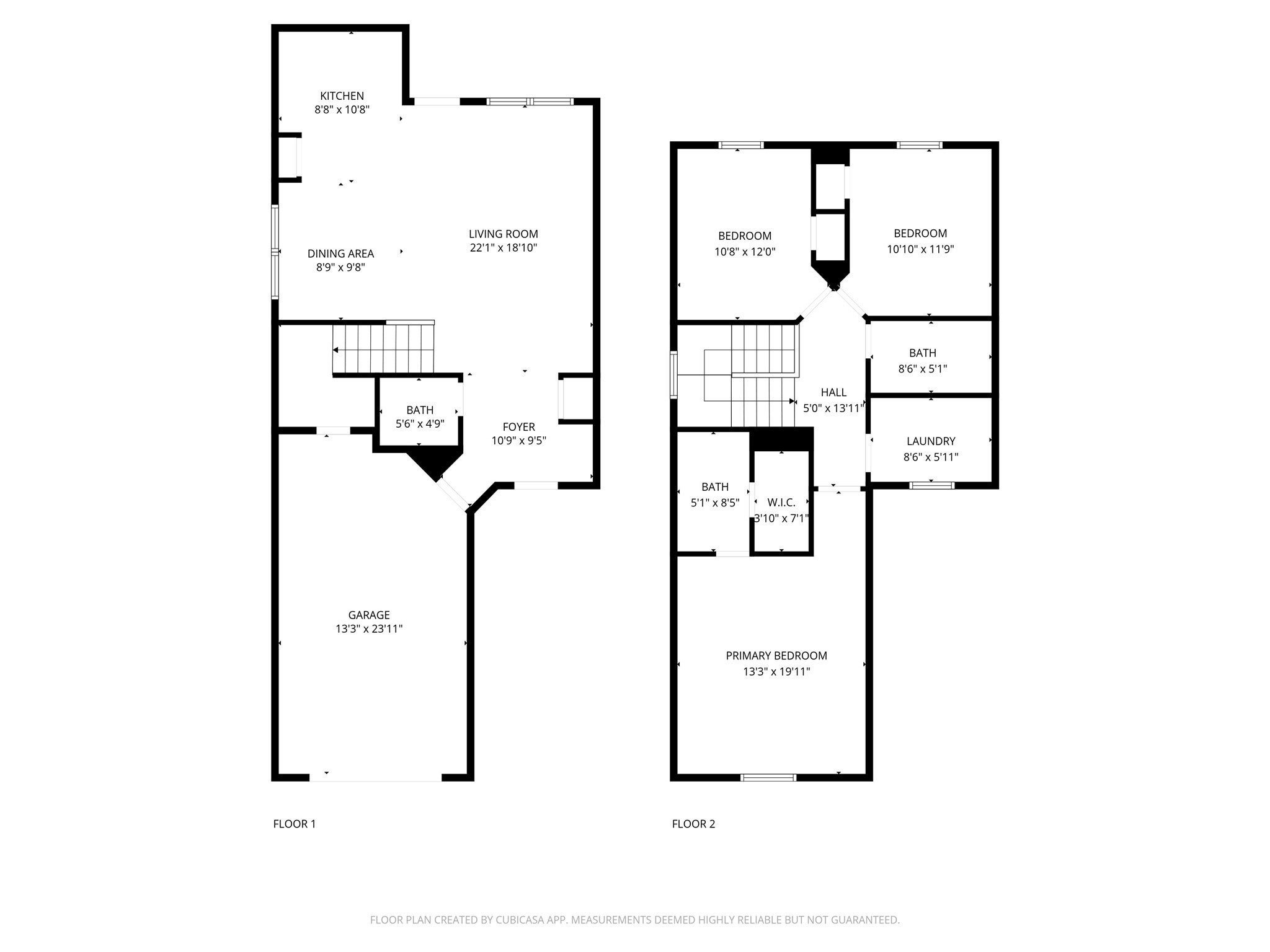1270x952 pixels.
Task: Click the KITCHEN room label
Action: tap(342, 96)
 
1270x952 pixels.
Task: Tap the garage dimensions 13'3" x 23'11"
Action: tap(369, 629)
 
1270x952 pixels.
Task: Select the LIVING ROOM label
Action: tap(503, 234)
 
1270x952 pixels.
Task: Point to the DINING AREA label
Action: tap(340, 253)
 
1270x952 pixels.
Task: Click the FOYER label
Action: tap(518, 427)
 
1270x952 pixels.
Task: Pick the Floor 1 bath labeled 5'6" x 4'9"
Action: tap(420, 417)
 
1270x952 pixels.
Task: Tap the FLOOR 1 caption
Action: tap(295, 824)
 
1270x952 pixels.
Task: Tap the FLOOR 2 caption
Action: tap(693, 824)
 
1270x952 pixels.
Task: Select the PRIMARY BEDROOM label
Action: tap(776, 656)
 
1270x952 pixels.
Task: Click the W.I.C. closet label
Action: tap(781, 503)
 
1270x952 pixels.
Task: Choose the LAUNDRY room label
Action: tap(931, 441)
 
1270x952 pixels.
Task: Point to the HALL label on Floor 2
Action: tap(833, 392)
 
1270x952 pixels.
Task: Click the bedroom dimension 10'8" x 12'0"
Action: tap(745, 252)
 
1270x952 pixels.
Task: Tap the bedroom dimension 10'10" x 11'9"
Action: tap(920, 249)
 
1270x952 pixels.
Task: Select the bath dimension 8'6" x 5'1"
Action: tap(923, 369)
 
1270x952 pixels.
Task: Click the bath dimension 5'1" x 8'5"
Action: tap(715, 503)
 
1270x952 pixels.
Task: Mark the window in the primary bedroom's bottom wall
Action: tap(768, 777)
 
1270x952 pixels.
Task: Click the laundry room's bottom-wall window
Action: tap(931, 485)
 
